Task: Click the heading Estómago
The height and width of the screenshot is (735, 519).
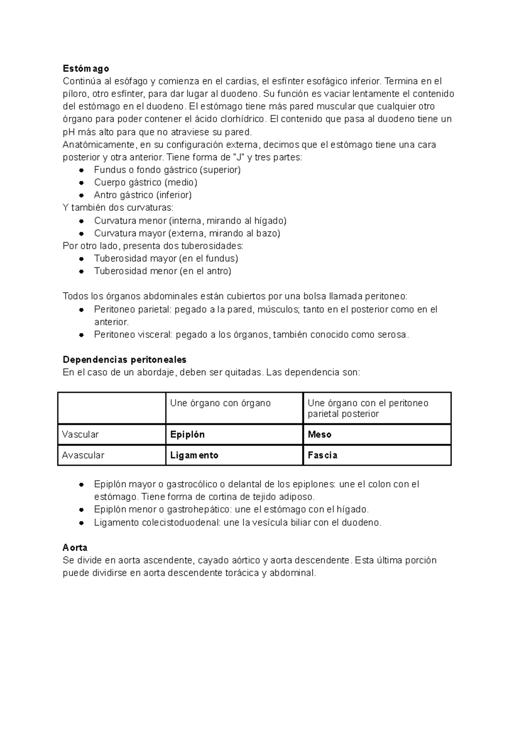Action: coord(86,68)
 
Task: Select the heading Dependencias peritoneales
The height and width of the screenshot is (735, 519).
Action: coord(125,360)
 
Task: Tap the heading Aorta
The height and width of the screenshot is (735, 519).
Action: coord(75,548)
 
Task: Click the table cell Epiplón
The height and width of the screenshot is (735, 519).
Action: coord(187,435)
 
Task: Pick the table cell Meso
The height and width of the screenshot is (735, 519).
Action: coord(320,435)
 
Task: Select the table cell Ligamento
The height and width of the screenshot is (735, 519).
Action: coord(194,455)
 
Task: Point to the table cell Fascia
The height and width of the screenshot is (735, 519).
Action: coord(323,455)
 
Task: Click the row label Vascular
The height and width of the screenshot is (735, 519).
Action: coord(80,435)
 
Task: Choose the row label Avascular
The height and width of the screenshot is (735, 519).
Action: coord(83,455)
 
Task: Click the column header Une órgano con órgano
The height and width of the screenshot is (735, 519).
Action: coord(220,403)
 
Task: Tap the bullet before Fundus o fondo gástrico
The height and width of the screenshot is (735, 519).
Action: coord(81,170)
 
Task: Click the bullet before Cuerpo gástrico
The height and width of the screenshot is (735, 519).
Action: coord(81,183)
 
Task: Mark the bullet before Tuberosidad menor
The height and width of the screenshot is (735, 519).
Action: coord(81,271)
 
